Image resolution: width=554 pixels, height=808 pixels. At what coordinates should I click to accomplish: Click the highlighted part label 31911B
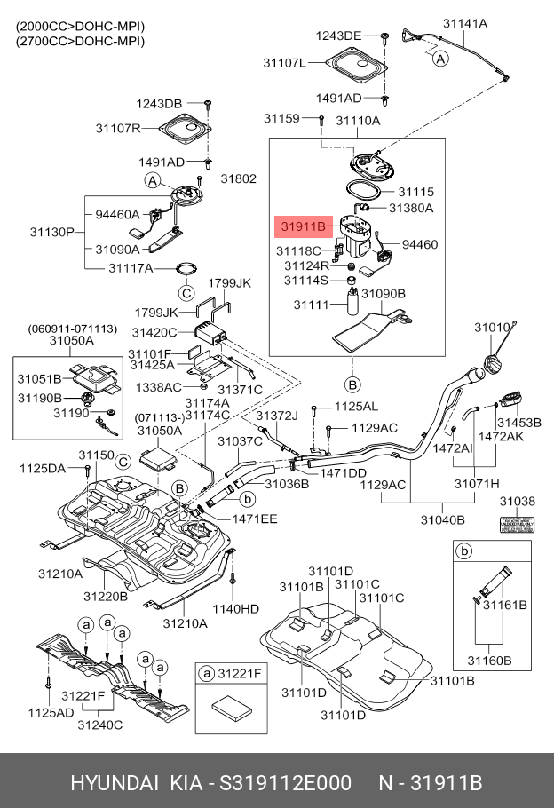point(305,227)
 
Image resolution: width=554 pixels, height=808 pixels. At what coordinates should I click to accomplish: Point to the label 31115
point(415,191)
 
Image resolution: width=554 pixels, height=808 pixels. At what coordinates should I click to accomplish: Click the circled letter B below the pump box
point(352,384)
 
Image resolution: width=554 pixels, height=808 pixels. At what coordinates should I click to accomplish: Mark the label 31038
point(517,502)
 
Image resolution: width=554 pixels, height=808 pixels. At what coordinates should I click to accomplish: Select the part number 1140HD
point(238,609)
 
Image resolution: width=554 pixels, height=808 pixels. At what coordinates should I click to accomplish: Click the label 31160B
point(489,660)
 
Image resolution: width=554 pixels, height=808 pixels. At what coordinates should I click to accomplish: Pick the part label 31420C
point(155,332)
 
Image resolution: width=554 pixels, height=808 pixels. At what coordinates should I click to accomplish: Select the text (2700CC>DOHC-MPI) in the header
point(80,41)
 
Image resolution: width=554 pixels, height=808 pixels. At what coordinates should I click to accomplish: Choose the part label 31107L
point(284,63)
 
